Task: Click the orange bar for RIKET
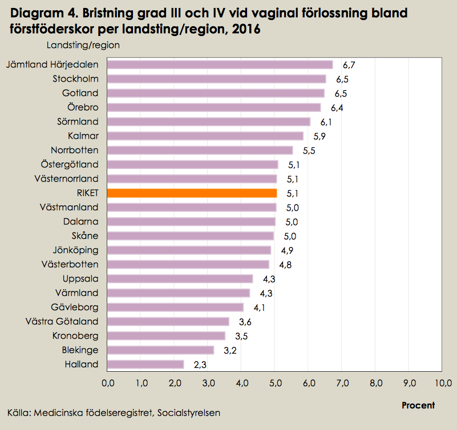click(x=192, y=193)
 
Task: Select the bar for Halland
click(x=145, y=364)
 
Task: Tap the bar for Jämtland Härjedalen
click(x=220, y=65)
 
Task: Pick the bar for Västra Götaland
click(x=168, y=322)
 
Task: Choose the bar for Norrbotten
click(x=200, y=150)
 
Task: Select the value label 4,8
click(x=285, y=264)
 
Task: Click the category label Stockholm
click(x=75, y=79)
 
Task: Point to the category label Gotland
click(x=80, y=93)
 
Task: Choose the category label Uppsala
click(x=80, y=279)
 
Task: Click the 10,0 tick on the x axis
click(x=443, y=382)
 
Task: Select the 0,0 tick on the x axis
click(x=107, y=382)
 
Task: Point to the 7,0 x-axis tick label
click(x=342, y=382)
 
